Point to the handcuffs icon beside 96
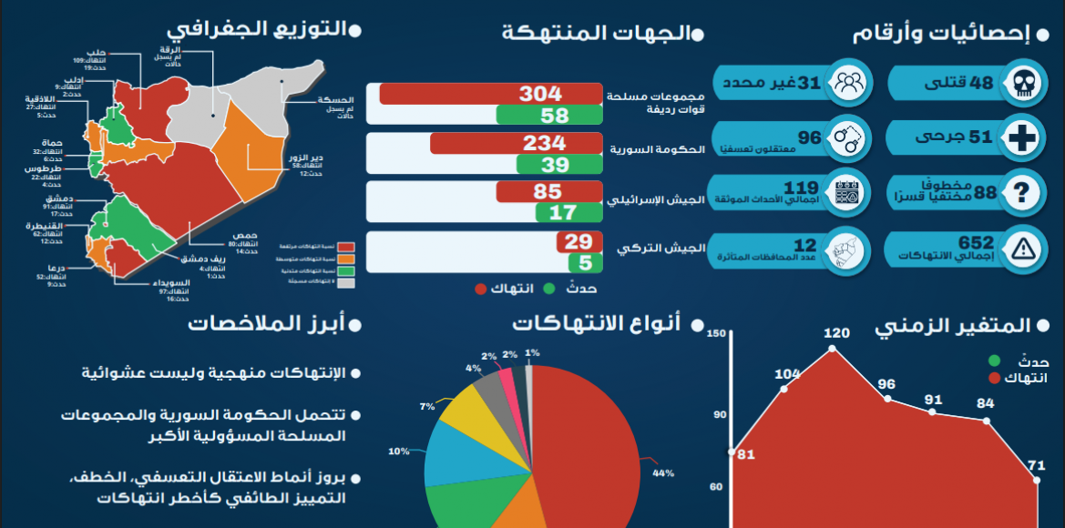(847, 138)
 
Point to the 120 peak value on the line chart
(835, 333)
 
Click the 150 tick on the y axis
(716, 335)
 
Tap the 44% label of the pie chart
(662, 472)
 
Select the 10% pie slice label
(399, 451)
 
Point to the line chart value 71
(1036, 466)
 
